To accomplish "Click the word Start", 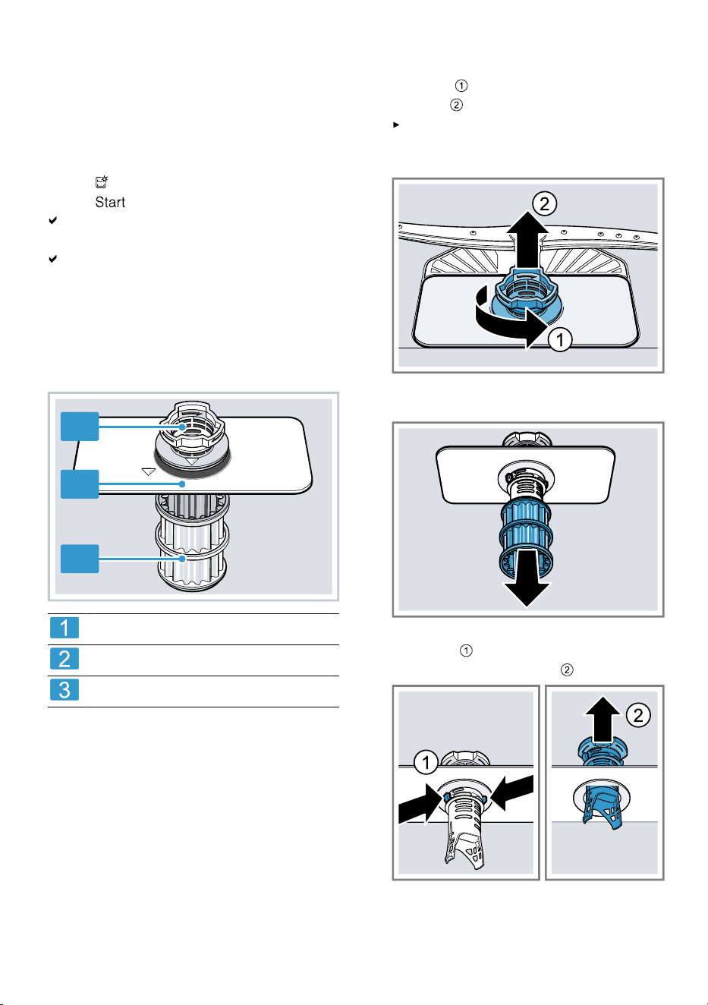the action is pos(110,203).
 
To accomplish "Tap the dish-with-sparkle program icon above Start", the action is pos(102,181).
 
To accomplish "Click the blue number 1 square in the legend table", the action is pos(65,628).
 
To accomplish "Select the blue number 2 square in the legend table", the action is pos(65,659).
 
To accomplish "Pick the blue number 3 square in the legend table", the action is pos(65,689).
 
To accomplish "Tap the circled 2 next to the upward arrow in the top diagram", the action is pos(545,204).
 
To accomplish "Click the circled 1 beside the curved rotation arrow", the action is pos(560,339).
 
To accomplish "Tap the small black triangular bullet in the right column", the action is pos(396,124).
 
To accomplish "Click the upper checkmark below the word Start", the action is pos(53,220).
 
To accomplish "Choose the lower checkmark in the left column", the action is pos(53,259).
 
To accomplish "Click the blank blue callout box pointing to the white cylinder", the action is pos(80,559).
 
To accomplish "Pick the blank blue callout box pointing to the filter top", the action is pos(80,427).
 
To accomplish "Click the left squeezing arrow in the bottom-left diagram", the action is pos(420,806).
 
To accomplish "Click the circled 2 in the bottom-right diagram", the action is pos(638,715).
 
